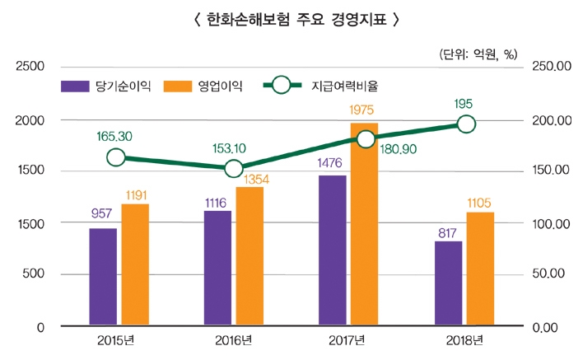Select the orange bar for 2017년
365,224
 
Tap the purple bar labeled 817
449,283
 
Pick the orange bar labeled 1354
250,256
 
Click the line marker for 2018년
466,124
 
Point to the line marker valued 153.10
234,169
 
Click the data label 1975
364,110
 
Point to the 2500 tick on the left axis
30,66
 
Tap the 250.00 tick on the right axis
550,66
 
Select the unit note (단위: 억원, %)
478,54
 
